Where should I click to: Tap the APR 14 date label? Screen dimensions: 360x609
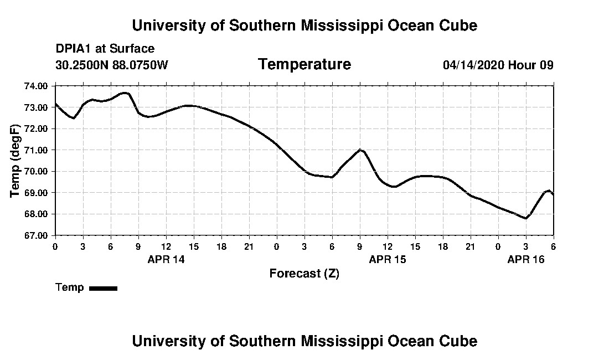point(166,259)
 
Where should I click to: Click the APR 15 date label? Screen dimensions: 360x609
point(388,259)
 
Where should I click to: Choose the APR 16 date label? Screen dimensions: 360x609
point(526,259)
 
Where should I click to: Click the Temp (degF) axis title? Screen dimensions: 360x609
point(16,161)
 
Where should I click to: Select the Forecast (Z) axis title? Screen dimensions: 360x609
point(304,274)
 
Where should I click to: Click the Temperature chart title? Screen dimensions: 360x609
point(304,65)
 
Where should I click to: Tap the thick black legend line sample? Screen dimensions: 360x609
point(103,288)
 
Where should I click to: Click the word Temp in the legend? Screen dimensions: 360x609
point(70,287)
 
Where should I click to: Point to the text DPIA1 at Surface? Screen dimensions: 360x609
point(105,49)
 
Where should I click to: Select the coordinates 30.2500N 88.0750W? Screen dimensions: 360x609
point(112,65)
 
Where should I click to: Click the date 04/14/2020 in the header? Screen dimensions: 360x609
point(473,65)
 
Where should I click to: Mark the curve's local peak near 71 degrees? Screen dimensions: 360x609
point(360,150)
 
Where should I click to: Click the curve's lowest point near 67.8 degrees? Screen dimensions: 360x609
point(525,218)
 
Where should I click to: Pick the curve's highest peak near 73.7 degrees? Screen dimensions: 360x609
point(125,92)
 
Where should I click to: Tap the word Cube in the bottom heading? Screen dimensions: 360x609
point(460,341)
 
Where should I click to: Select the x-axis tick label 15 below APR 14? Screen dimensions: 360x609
point(194,246)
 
